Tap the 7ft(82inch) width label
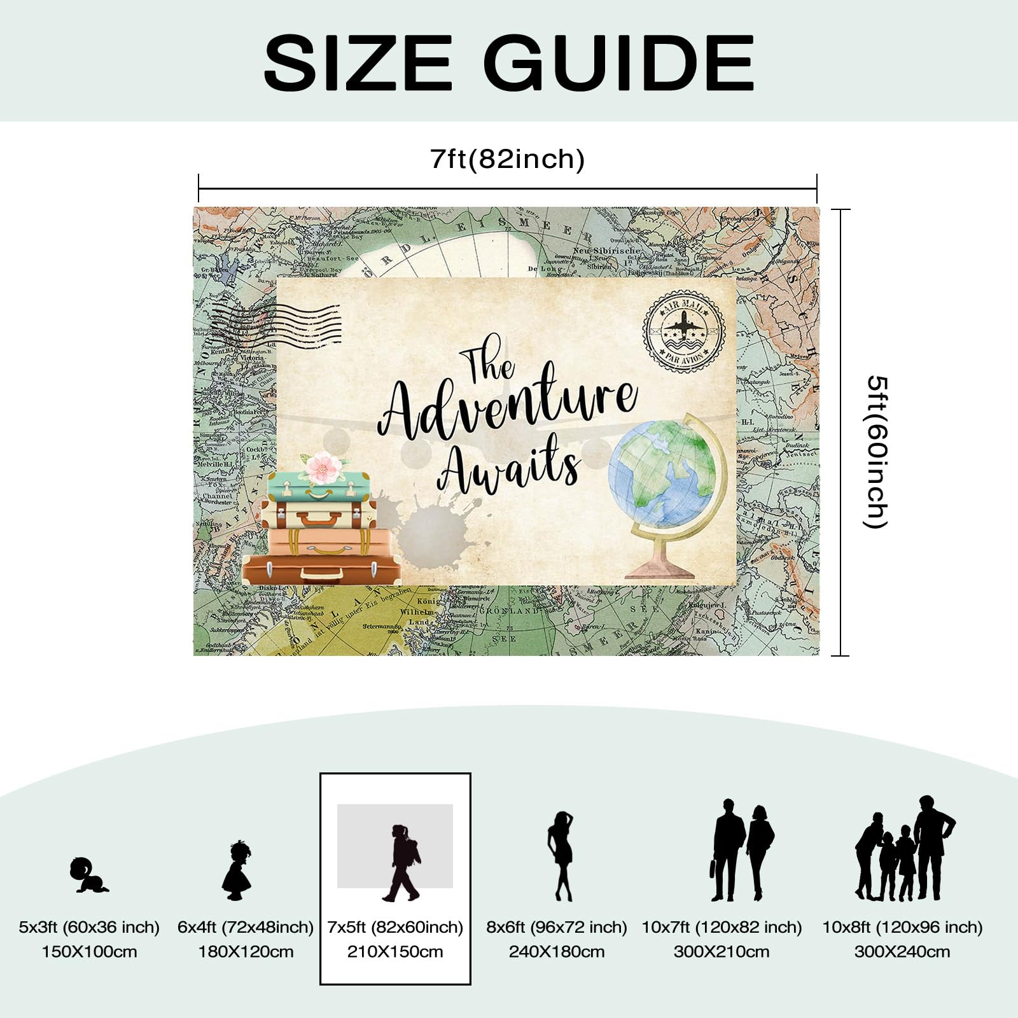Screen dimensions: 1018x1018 (507, 159)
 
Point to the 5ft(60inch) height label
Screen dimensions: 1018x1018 (877, 452)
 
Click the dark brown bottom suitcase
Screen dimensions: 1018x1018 (321, 569)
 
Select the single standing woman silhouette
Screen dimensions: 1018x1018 (561, 856)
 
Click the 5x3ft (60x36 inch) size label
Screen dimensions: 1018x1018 (89, 927)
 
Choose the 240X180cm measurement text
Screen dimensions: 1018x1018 (557, 952)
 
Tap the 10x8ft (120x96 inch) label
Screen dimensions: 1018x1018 (902, 927)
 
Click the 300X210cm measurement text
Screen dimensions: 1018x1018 (722, 952)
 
